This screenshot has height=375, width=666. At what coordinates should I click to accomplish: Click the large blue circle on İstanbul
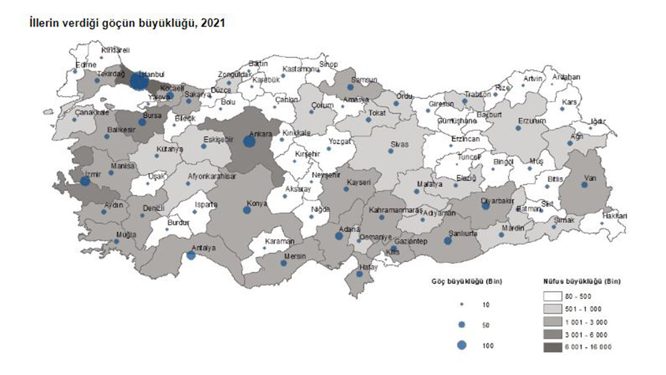pos(139,82)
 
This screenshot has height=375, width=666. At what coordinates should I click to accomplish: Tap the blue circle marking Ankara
pos(249,142)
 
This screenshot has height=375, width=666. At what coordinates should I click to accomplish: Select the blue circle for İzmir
pos(85,181)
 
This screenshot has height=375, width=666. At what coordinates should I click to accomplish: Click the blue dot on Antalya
pos(191,255)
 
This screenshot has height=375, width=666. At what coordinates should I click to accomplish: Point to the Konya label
pos(258,204)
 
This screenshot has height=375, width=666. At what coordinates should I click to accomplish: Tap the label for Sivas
pos(400,144)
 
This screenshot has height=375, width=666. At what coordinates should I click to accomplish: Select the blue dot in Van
pos(584,184)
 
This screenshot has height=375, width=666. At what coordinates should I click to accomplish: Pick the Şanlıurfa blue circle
pos(447,241)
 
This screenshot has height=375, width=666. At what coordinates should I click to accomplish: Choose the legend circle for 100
pos(462,345)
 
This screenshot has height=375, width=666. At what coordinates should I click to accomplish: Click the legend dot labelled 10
pos(462,305)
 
